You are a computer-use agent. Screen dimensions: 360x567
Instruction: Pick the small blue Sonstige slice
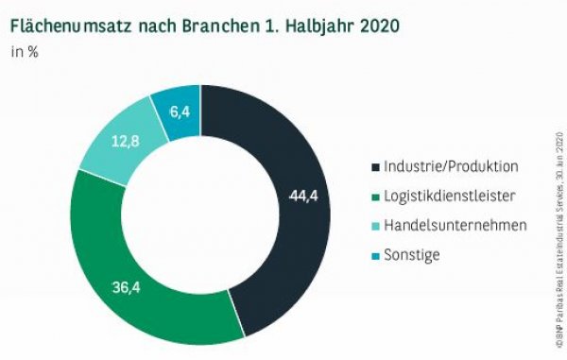tap(177, 106)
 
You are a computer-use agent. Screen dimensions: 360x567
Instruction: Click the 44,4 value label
tap(301, 197)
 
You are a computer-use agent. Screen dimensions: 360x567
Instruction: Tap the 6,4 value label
tap(180, 111)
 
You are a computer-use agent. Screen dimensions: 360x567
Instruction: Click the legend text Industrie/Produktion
tap(451, 166)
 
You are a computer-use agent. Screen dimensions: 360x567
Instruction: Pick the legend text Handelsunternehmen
tap(454, 225)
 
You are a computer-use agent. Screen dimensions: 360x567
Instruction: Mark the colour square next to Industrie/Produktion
tap(374, 167)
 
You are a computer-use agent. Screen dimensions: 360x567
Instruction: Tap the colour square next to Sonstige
tap(374, 255)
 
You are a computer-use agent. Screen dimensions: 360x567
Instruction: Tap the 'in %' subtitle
tap(25, 51)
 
